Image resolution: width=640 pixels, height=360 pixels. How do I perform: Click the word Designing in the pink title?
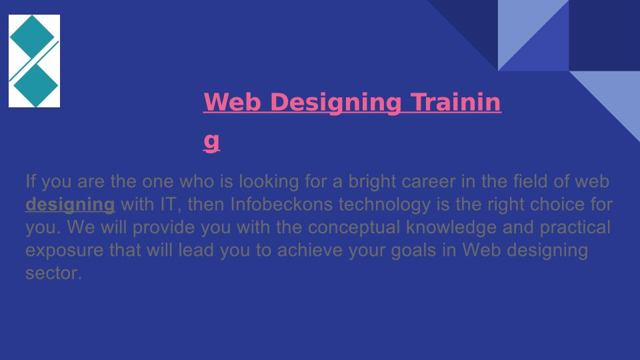tap(335, 103)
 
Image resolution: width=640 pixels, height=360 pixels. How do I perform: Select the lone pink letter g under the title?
tap(211, 141)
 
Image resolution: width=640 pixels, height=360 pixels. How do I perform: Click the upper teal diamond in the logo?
tap(32, 37)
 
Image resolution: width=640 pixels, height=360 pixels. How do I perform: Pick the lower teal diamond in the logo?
tap(36, 85)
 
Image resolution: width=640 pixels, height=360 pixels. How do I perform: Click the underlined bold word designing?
tap(70, 205)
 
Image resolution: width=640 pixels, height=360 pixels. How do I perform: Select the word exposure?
tap(65, 251)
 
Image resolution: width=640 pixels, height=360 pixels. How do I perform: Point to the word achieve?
tap(310, 249)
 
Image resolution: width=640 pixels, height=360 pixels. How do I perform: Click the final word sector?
tap(54, 273)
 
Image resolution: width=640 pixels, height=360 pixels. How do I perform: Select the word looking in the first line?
tap(269, 182)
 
